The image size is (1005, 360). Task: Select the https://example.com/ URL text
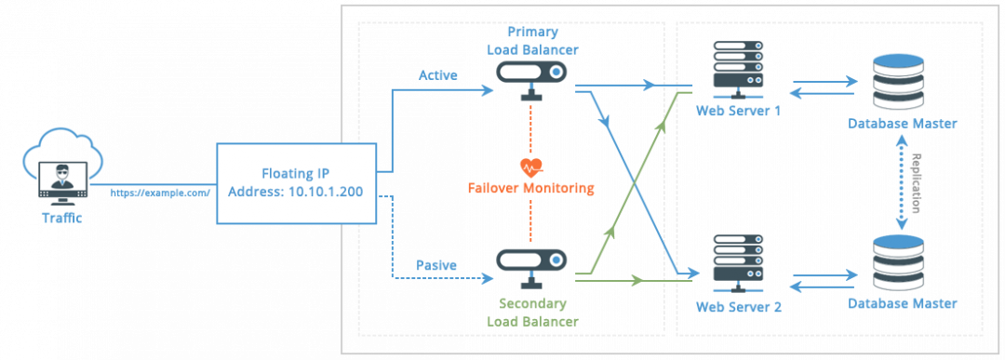[x=161, y=193]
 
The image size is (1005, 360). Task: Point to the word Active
[x=437, y=75]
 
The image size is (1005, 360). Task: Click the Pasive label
[x=436, y=265]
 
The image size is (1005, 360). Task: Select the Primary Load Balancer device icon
[x=532, y=75]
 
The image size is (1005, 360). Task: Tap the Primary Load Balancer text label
[x=532, y=41]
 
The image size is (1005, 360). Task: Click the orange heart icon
[x=530, y=167]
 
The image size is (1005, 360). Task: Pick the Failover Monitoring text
[x=530, y=189]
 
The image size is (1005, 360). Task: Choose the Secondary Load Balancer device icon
[x=532, y=262]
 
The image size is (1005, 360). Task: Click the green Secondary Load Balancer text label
[x=532, y=313]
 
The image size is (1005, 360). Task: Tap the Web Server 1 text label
[x=737, y=111]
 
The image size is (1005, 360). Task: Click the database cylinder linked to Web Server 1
[x=901, y=81]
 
